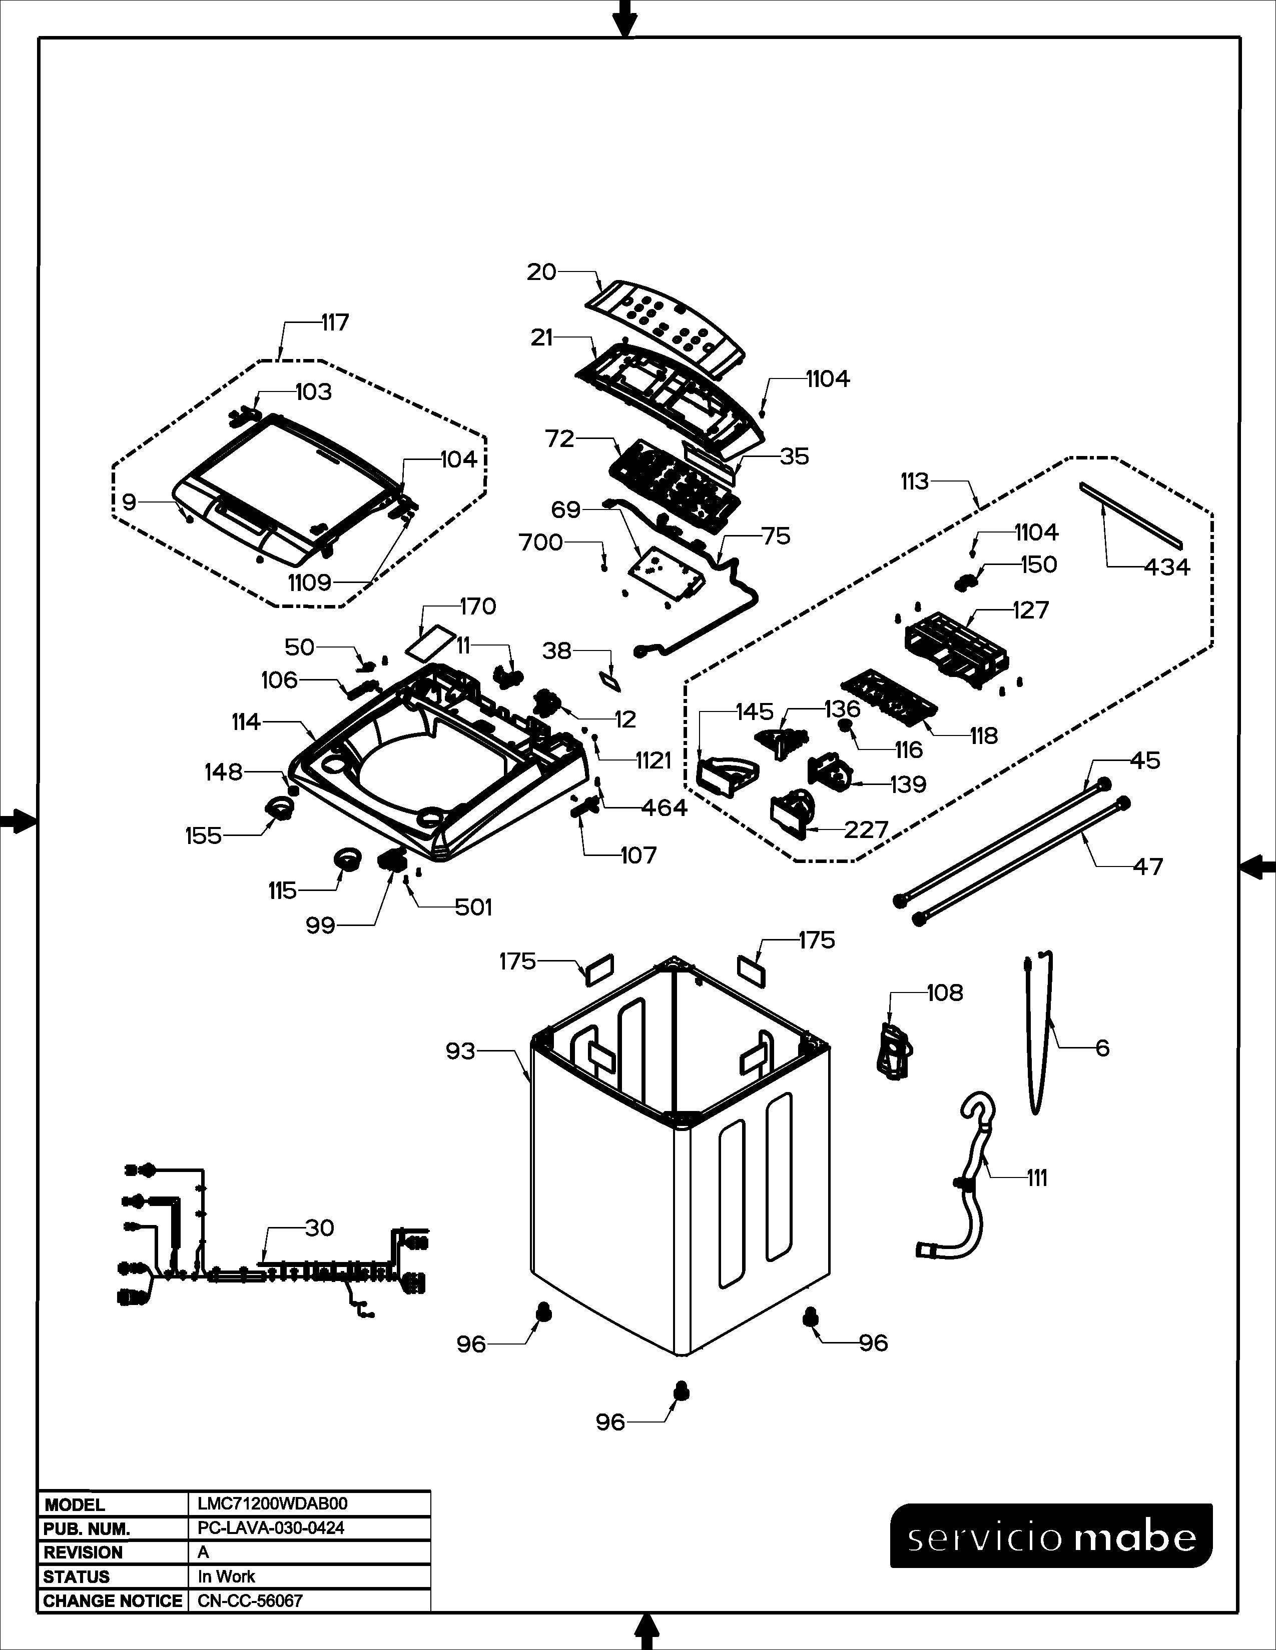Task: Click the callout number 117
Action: pos(335,322)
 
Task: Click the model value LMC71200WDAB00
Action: pos(272,1503)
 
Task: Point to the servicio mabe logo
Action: pos(1051,1535)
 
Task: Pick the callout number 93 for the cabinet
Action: pos(460,1051)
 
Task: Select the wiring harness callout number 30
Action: pos(319,1227)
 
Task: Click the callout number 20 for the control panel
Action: pos(541,272)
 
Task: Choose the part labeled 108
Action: pos(894,1050)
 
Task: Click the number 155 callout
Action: pos(203,835)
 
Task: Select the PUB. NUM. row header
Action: pos(87,1528)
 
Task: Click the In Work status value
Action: pos(226,1576)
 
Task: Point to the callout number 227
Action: pos(866,829)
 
